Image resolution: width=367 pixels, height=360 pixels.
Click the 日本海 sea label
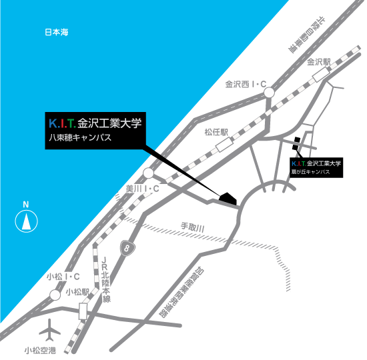pyautogui.click(x=57, y=32)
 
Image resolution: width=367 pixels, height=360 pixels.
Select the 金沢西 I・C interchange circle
pyautogui.click(x=269, y=93)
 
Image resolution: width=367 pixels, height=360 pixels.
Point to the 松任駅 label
pyautogui.click(x=216, y=132)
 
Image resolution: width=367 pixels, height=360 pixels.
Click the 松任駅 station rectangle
pyautogui.click(x=224, y=145)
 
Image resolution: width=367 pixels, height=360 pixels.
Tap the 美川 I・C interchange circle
pyautogui.click(x=148, y=173)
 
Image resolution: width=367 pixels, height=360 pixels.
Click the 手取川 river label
pyautogui.click(x=193, y=227)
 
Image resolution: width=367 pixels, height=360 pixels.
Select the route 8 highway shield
pyautogui.click(x=127, y=248)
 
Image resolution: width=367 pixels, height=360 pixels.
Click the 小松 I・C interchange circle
pyautogui.click(x=55, y=295)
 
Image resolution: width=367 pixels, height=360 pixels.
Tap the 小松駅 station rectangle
pyautogui.click(x=83, y=311)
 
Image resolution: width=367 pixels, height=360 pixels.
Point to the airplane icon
pyautogui.click(x=49, y=330)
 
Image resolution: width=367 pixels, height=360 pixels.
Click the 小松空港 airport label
pyautogui.click(x=40, y=351)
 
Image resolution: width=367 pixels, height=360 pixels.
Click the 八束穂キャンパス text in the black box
pyautogui.click(x=80, y=137)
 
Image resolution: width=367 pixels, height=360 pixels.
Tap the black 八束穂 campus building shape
pyautogui.click(x=228, y=199)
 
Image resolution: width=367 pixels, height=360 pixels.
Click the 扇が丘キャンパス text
pyautogui.click(x=310, y=172)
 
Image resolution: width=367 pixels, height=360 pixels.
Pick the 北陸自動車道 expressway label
pyautogui.click(x=307, y=35)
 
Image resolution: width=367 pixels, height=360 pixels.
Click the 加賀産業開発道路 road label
pyautogui.click(x=181, y=293)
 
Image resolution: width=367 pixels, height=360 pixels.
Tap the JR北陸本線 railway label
pyautogui.click(x=105, y=279)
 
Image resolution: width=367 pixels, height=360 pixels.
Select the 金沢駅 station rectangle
pyautogui.click(x=321, y=74)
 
